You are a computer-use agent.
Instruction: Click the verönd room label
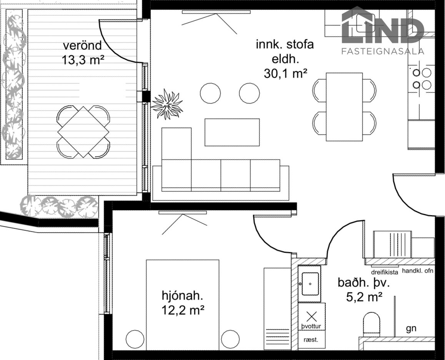pos(82,45)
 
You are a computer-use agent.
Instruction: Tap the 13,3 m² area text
pos(82,60)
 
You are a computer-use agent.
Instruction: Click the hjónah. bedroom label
pos(182,296)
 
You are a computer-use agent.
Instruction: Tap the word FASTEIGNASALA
pos(383,51)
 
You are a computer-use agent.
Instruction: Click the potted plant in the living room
pos(167,104)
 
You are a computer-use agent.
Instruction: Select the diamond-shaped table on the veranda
pos(83,132)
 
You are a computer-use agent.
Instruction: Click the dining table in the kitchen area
pos(344,107)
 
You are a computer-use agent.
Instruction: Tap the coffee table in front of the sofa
pos(232,133)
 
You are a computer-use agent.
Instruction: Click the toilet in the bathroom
pos(372,323)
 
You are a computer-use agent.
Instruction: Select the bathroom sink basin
pos(310,284)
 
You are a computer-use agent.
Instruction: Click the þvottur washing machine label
pos(311,326)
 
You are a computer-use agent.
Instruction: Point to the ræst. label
pos(311,340)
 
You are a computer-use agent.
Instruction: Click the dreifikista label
pos(385,272)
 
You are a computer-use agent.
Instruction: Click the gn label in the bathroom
pos(411,328)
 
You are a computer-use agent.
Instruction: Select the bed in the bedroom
pos(182,305)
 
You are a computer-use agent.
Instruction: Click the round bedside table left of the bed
pos(135,340)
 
